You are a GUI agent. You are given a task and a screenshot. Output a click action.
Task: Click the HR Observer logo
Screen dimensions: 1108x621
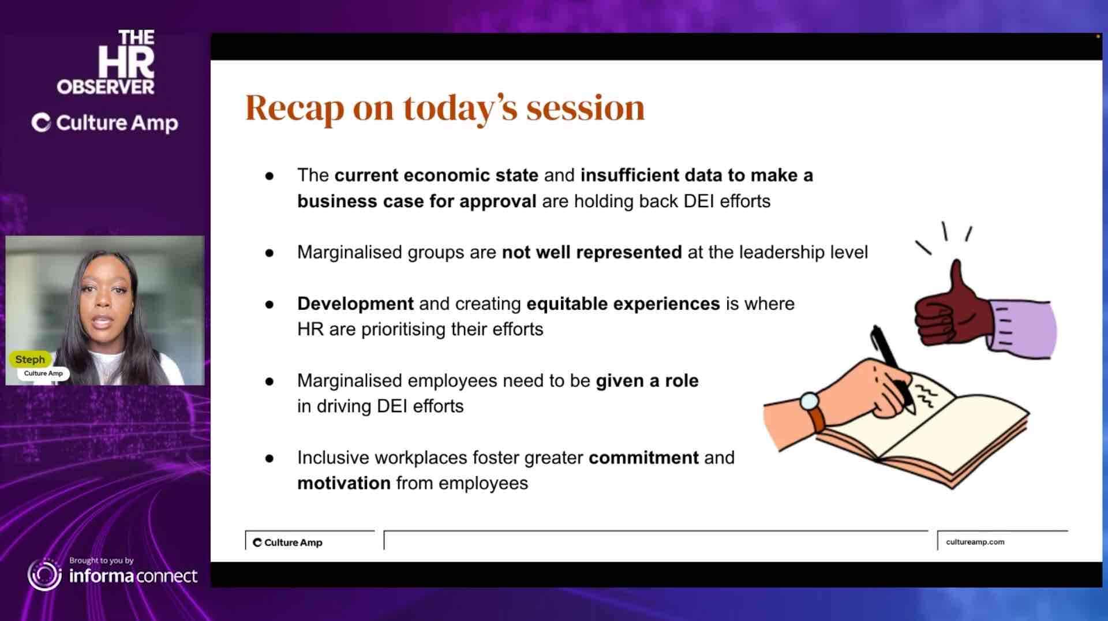point(106,62)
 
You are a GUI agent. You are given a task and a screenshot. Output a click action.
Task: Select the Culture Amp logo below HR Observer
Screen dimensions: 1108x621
point(104,123)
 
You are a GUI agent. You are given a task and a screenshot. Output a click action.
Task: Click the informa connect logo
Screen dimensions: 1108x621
point(113,574)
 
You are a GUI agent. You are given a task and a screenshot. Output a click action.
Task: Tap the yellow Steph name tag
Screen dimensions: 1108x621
point(30,359)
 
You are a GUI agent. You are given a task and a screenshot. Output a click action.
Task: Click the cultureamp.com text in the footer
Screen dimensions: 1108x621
point(975,542)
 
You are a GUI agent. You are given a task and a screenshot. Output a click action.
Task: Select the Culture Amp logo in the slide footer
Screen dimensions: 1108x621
point(287,543)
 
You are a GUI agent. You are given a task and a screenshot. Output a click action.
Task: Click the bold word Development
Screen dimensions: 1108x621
point(355,304)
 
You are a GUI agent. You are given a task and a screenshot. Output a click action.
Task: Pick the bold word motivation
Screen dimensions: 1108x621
point(344,483)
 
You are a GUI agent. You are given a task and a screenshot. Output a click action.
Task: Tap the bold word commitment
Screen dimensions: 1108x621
point(643,458)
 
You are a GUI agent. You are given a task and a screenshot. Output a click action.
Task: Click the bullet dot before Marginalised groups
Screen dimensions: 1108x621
point(269,253)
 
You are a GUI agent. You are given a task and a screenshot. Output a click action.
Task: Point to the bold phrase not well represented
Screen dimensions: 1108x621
point(592,253)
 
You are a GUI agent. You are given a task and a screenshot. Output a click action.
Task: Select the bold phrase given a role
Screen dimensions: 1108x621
point(647,381)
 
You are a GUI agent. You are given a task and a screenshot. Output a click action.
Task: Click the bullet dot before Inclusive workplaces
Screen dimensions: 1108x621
point(269,459)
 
